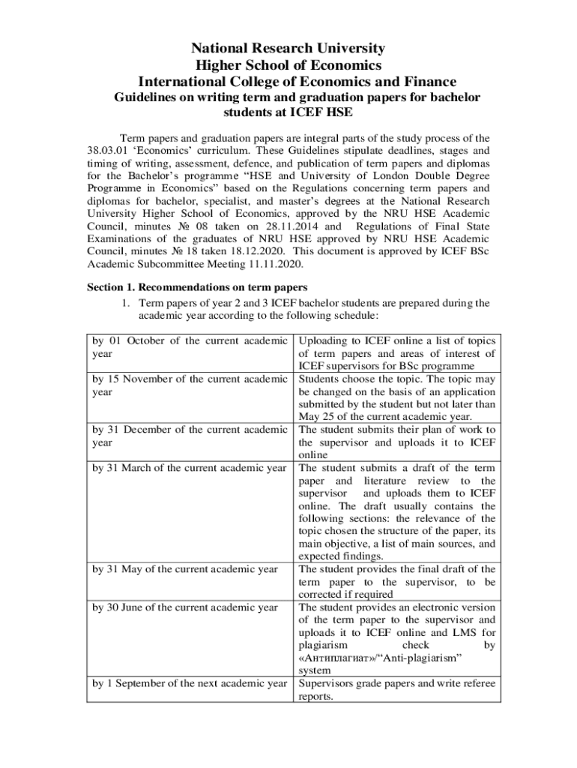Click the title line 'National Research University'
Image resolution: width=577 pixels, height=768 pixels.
click(288, 49)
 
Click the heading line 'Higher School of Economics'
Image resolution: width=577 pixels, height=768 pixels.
click(288, 65)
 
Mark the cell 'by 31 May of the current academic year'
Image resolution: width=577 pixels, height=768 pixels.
click(185, 569)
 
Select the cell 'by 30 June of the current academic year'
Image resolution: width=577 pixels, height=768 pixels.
click(185, 607)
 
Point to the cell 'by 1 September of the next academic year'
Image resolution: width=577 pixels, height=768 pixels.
click(190, 684)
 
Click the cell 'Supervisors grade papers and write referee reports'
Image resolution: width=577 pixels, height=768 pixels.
click(396, 690)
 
